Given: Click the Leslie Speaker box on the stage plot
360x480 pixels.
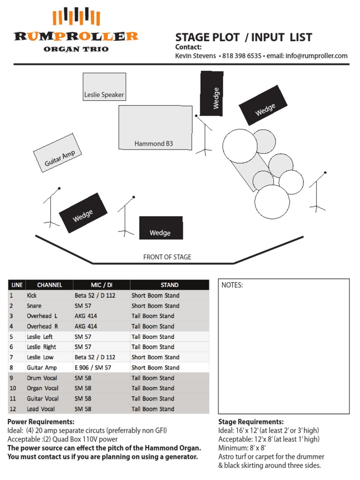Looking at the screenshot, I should pyautogui.click(x=104, y=87).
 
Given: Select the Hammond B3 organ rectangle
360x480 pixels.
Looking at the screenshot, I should pyautogui.click(x=155, y=127).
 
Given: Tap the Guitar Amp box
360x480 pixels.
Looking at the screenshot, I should pyautogui.click(x=57, y=152).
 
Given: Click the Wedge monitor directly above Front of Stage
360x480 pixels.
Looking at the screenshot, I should pyautogui.click(x=160, y=228).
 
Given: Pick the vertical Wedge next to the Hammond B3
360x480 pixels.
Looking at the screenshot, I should pyautogui.click(x=211, y=94).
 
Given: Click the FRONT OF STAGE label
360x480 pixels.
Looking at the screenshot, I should pyautogui.click(x=167, y=257).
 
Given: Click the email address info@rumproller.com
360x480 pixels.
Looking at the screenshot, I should pyautogui.click(x=316, y=56).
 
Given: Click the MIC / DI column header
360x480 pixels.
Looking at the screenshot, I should pyautogui.click(x=101, y=285).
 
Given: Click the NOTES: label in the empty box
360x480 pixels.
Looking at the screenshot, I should pyautogui.click(x=232, y=285).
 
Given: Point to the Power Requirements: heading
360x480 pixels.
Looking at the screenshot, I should pyautogui.click(x=41, y=422).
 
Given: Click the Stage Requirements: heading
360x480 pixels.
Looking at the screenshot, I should pyautogui.click(x=251, y=422).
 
